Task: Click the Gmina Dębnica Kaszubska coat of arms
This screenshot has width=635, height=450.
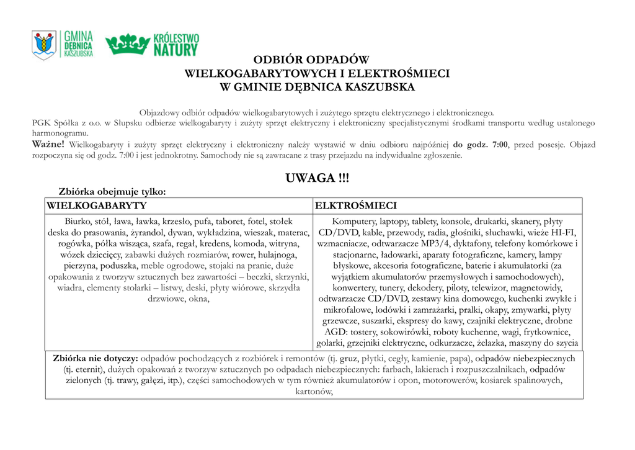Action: (x=44, y=45)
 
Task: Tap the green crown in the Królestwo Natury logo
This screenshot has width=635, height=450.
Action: (x=128, y=44)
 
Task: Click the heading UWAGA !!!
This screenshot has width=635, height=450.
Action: (x=317, y=178)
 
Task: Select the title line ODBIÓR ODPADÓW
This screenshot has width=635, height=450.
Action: (x=317, y=60)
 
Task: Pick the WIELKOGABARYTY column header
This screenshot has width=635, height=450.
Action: (x=97, y=205)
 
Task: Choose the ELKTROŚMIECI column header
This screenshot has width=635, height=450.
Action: (x=356, y=205)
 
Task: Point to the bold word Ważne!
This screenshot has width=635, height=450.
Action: (x=48, y=145)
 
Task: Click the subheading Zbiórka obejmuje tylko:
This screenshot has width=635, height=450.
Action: (x=112, y=192)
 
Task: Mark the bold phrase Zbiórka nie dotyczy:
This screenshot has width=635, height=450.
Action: (x=95, y=358)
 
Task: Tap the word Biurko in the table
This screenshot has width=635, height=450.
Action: (x=79, y=222)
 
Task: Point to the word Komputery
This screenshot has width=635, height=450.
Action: (x=354, y=222)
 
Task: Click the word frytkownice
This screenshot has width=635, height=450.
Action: (x=543, y=332)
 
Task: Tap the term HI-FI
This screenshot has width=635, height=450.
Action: (x=561, y=233)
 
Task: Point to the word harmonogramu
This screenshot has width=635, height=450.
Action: (x=60, y=133)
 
